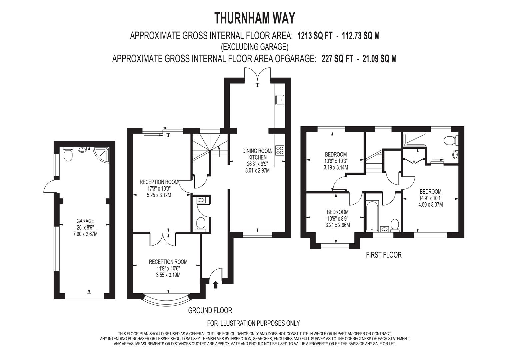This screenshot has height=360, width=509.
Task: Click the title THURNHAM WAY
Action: [x=255, y=18]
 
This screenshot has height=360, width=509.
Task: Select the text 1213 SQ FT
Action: [x=315, y=36]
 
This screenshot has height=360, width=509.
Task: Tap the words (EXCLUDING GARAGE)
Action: [x=254, y=47]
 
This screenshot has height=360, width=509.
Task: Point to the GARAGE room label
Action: [x=85, y=221]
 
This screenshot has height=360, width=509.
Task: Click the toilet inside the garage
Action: [x=68, y=154]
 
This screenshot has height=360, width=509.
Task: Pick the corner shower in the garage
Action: [x=100, y=153]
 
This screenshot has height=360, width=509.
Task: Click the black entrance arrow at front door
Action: [x=215, y=284]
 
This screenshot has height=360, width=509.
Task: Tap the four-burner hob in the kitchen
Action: [x=279, y=151]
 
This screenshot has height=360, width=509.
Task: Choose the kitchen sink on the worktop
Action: [x=279, y=99]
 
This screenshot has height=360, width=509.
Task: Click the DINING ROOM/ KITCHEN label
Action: [x=257, y=154]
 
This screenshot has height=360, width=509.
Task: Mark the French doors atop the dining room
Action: [x=257, y=74]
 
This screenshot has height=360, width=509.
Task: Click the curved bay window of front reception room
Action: [x=166, y=299]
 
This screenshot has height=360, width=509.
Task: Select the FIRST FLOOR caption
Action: [x=384, y=255]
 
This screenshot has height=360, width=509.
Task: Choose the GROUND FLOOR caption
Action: [x=210, y=311]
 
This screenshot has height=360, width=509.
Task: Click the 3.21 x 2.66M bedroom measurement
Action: [x=337, y=225]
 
